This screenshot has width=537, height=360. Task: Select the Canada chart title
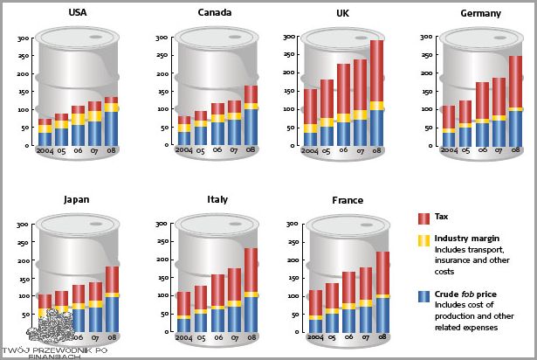[x=215, y=12]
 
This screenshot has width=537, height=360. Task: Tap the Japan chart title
[x=76, y=199]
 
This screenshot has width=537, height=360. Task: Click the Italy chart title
[x=217, y=200]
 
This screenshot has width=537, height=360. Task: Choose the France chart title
[x=348, y=200]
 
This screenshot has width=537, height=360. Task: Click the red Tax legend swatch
[x=423, y=217]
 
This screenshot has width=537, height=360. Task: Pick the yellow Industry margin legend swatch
[x=423, y=239]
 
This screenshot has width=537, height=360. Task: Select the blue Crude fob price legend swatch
[x=423, y=296]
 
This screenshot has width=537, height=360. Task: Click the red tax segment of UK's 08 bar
[x=376, y=71]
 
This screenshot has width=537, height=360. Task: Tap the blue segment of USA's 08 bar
[x=112, y=128]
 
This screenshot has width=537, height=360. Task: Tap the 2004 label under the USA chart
[x=45, y=149]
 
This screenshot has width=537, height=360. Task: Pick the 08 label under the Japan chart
[x=112, y=336]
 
